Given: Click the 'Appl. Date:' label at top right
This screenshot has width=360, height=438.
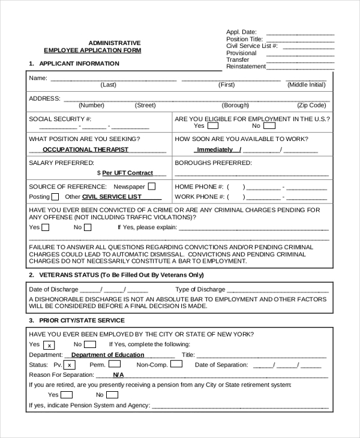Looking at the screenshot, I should click(241, 32).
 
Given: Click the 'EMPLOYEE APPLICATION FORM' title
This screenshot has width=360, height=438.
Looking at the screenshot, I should click(92, 51).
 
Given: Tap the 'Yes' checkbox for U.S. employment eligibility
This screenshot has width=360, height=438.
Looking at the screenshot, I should click(216, 126).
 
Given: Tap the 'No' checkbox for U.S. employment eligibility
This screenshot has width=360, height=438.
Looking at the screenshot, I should click(269, 126).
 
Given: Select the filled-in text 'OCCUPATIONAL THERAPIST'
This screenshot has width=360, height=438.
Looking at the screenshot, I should click(86, 150).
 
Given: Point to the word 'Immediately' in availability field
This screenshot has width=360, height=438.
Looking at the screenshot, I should click(215, 150).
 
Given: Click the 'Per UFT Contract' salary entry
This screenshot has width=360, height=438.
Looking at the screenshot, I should click(127, 173).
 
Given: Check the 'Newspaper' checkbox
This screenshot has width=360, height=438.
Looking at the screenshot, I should click(152, 187).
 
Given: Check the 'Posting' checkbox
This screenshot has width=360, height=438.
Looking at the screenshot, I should click(55, 197).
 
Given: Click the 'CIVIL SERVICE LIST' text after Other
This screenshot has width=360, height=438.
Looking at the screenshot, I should click(112, 197).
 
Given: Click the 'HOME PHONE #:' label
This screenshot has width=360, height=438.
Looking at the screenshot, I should click(199, 187).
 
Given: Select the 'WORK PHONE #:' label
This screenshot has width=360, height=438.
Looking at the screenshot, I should click(199, 197).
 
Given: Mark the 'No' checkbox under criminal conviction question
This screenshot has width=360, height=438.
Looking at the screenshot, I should click(88, 227).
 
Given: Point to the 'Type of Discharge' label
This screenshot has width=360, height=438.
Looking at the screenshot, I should click(200, 290).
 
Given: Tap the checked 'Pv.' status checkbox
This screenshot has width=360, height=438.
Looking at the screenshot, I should click(70, 365).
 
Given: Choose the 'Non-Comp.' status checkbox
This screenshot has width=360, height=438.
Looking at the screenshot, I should click(176, 364).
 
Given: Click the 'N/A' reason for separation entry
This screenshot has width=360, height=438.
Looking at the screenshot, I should click(118, 375).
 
